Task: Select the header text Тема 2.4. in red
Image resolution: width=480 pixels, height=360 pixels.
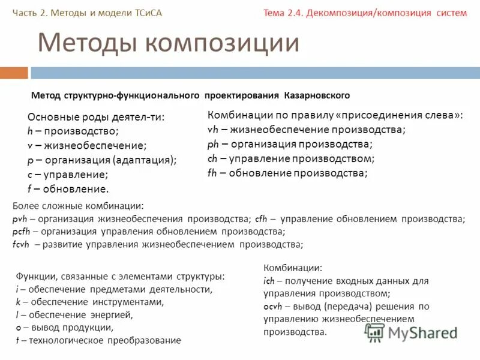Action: (283, 13)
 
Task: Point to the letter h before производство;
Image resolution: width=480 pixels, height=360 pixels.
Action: (30, 131)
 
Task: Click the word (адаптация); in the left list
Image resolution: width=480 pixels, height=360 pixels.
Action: (144, 160)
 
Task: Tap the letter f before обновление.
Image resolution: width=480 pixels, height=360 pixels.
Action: (29, 189)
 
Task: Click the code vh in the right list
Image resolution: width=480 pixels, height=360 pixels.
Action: (212, 130)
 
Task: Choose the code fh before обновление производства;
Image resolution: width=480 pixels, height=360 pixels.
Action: (212, 173)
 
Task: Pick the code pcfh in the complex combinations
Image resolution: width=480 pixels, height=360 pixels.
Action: (22, 232)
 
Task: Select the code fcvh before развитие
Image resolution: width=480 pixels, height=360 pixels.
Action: (22, 244)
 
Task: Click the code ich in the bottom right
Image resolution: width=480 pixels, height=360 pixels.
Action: (269, 280)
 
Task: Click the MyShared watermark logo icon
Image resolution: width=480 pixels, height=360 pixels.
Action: (375, 332)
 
